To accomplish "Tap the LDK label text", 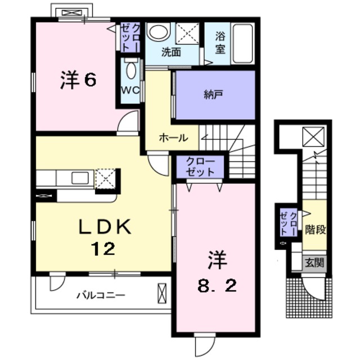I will tap(105, 227).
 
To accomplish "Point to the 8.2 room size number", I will tap(217, 285).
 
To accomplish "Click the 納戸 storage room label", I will tap(214, 94).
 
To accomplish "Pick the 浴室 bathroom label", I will tap(220, 43).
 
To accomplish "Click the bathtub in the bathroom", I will tap(243, 43).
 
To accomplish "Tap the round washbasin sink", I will tap(158, 31).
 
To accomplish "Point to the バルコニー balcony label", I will tap(101, 295).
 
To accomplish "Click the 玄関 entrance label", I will tap(313, 262).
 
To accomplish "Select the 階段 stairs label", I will tap(316, 229).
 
